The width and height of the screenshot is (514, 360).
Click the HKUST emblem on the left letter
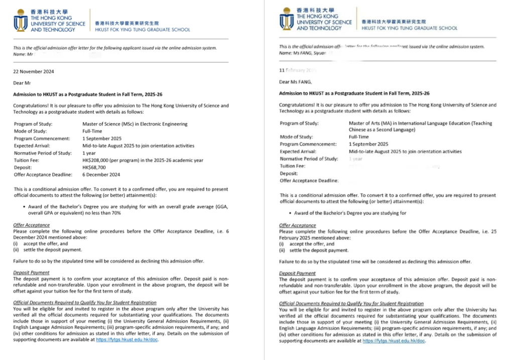[21, 21]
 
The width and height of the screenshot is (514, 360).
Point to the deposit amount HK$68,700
[94, 167]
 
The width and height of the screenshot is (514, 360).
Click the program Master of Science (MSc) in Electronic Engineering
[135, 124]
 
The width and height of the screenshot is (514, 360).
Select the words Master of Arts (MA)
[373, 123]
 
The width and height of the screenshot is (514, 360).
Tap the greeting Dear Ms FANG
[295, 82]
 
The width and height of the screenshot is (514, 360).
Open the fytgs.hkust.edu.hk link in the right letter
[394, 341]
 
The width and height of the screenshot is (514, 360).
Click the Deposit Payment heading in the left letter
[31, 273]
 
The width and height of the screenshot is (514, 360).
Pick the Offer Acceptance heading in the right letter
[298, 226]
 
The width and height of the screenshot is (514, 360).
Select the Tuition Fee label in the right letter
[292, 166]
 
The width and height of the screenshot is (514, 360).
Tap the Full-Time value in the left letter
[93, 132]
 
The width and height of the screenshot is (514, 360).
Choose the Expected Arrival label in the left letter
[34, 146]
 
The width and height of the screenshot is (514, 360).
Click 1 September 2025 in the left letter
[102, 139]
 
